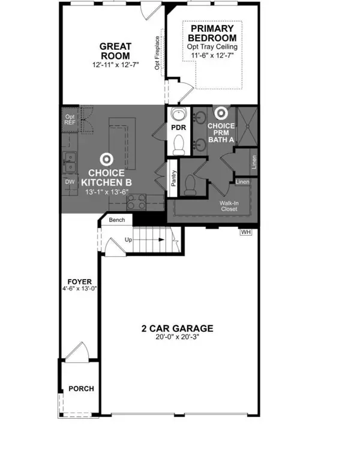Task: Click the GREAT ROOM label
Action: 115,50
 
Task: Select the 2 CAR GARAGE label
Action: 177,328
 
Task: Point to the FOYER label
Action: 79,281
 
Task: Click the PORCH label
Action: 80,388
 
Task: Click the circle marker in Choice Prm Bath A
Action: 221,112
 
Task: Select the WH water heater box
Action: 245,232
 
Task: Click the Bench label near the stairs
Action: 117,220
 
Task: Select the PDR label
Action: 178,128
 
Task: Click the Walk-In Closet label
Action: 228,206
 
